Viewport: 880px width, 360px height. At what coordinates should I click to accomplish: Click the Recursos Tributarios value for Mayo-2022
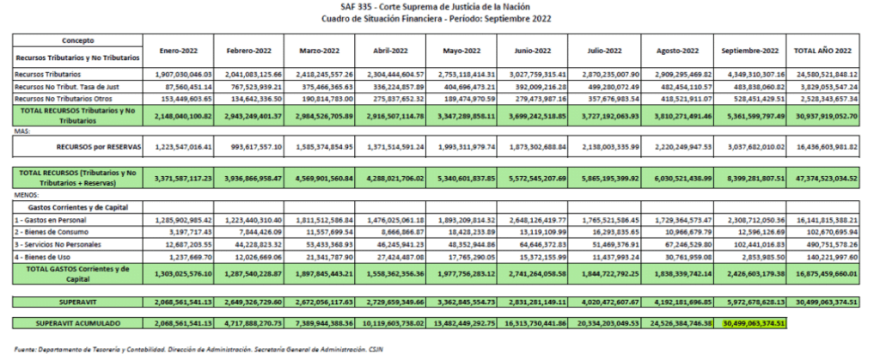pos(460,75)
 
